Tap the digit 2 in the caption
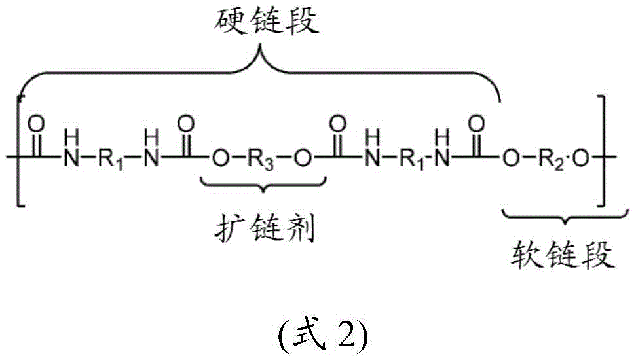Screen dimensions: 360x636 [x=345, y=335]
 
